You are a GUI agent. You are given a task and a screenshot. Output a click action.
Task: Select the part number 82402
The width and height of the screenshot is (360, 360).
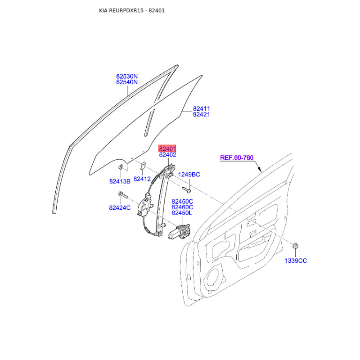click(x=167, y=155)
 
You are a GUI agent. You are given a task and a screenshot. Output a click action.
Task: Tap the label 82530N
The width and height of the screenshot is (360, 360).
click(x=127, y=76)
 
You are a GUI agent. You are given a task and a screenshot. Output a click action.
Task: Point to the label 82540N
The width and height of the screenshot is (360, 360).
click(x=127, y=82)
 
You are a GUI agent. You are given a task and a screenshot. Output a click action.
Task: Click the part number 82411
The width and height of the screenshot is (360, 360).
click(x=202, y=108)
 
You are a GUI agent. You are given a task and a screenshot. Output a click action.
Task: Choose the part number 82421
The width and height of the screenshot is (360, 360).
click(x=202, y=114)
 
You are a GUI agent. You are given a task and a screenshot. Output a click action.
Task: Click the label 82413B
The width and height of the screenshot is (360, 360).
click(x=120, y=181)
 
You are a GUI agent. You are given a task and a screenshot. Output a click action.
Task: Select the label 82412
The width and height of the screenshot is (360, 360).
click(x=142, y=179)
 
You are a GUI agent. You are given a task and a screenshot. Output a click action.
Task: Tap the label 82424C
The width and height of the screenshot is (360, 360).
click(x=119, y=207)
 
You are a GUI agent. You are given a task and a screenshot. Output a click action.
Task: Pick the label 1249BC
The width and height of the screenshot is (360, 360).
click(x=189, y=175)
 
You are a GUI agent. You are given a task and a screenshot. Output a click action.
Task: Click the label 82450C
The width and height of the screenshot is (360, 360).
click(x=182, y=201)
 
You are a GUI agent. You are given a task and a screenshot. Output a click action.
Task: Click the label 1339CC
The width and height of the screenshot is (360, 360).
click(x=295, y=261)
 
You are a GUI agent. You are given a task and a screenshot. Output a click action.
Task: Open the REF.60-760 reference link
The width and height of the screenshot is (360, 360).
click(x=237, y=158)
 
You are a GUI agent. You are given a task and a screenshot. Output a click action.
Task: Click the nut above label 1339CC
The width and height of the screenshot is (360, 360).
click(x=296, y=246)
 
